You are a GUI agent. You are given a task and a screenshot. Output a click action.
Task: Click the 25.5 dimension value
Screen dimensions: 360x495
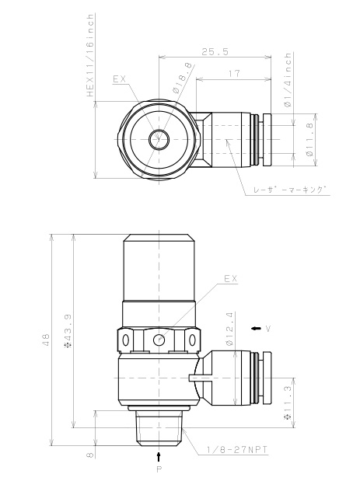click(215, 51)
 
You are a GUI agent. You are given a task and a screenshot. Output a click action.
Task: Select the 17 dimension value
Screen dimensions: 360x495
click(234, 74)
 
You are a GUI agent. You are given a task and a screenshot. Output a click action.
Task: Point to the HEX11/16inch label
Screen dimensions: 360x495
click(91, 55)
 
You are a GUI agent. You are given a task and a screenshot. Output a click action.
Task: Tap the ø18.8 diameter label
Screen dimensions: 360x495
click(183, 78)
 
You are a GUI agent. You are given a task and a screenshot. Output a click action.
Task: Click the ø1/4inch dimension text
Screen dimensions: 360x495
click(288, 79)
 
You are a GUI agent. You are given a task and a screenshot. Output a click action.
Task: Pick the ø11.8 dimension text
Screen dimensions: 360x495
click(309, 139)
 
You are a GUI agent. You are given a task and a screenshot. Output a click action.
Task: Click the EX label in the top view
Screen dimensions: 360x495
click(120, 79)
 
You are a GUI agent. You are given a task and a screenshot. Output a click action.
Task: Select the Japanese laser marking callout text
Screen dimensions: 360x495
click(290, 190)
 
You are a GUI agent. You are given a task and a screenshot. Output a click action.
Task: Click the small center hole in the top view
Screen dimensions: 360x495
click(159, 139)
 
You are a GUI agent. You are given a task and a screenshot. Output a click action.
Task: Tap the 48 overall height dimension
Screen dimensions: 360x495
click(46, 340)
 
